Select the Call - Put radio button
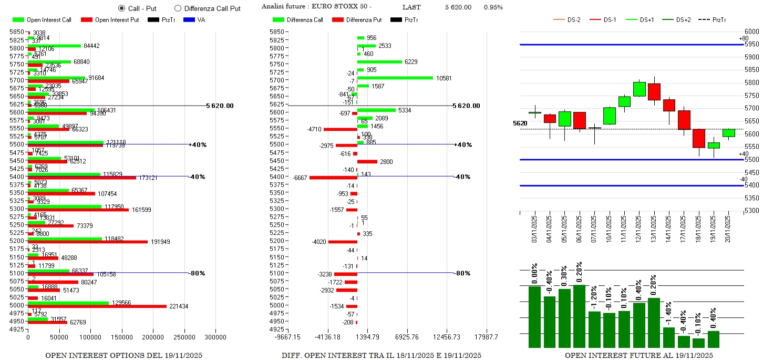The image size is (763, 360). (122, 8)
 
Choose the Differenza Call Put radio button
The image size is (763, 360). (178, 8)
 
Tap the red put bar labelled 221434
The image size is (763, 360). (97, 306)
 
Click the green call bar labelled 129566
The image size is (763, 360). (68, 303)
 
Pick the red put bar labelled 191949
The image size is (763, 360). (87, 242)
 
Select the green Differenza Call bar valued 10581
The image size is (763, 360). (395, 78)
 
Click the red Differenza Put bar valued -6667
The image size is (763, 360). (333, 178)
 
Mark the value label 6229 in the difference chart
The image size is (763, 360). (411, 62)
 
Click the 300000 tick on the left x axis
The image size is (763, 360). (215, 337)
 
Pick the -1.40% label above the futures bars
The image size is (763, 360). (668, 315)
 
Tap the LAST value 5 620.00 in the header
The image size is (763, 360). (458, 7)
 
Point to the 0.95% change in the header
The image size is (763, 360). (493, 7)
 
